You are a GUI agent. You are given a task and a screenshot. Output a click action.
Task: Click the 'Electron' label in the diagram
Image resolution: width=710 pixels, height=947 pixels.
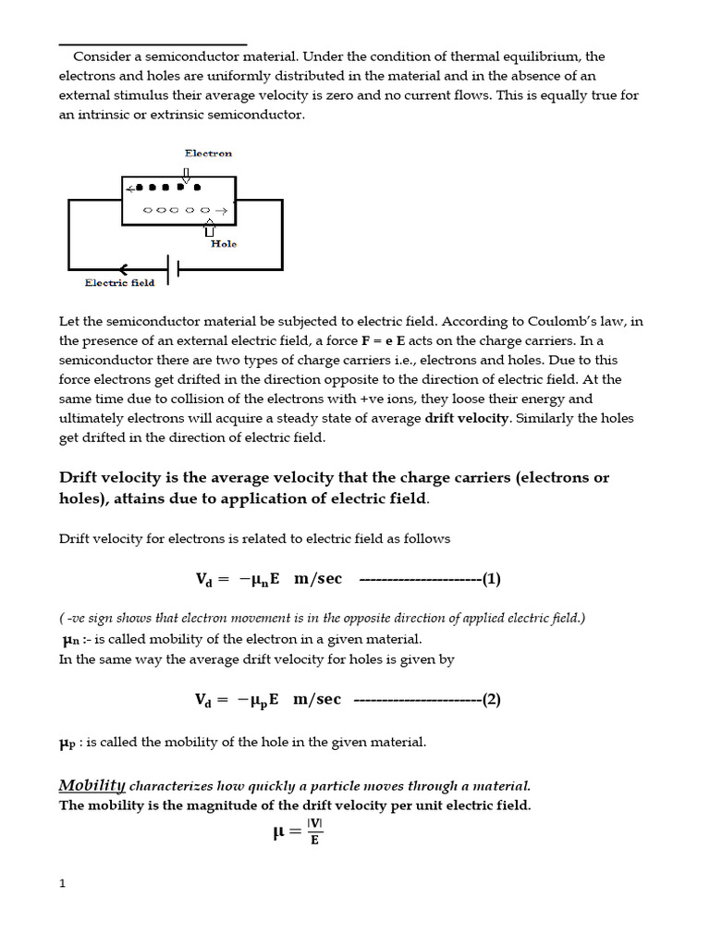[208, 154]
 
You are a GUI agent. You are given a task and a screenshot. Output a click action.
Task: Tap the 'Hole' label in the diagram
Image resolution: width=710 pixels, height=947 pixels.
[223, 244]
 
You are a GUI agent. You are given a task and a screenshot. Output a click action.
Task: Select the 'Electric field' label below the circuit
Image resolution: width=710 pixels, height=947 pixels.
[119, 283]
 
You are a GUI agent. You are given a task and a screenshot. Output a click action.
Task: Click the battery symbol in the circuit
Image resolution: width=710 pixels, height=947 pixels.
[173, 270]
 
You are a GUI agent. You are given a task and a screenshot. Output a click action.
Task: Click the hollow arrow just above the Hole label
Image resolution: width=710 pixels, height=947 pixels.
[209, 227]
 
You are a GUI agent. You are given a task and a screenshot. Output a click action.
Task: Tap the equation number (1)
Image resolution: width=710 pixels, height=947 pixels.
[490, 579]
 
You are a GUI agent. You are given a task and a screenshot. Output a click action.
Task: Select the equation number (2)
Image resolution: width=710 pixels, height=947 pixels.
[490, 699]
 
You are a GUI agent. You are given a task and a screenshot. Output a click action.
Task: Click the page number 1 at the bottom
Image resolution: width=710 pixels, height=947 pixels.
[62, 883]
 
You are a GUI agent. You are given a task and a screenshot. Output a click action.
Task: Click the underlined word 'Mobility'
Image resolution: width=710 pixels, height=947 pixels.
[92, 786]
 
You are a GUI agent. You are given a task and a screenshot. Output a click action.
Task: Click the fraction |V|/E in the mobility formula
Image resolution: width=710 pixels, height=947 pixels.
[314, 831]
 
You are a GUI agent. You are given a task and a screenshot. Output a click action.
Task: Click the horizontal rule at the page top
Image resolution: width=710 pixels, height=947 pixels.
[153, 43]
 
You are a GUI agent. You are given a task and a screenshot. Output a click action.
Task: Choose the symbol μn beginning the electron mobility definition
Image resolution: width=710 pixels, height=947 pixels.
[71, 640]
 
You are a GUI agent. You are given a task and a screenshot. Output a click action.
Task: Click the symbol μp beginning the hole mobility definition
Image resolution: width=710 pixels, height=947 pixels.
[70, 743]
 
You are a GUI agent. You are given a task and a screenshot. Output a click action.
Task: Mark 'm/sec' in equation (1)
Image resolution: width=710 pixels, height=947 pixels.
[318, 579]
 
